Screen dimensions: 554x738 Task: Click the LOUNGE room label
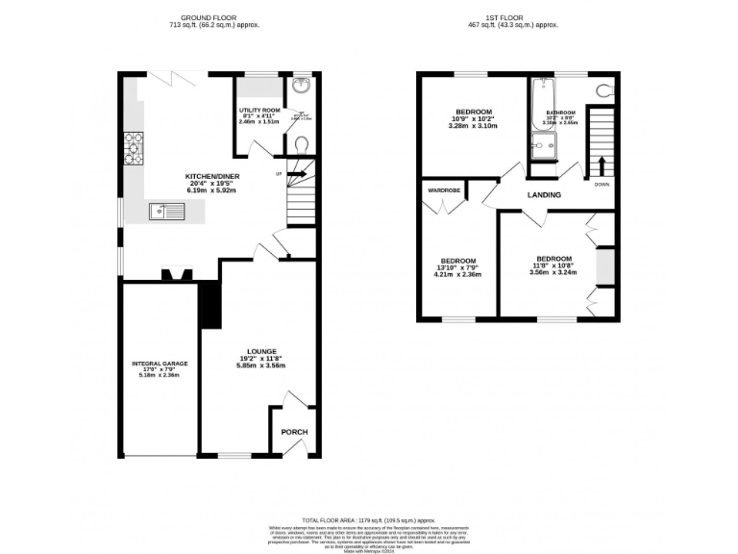click(261, 351)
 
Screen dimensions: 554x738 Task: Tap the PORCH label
click(294, 432)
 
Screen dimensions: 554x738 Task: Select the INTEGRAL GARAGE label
click(160, 364)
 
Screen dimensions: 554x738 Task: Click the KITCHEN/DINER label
click(212, 176)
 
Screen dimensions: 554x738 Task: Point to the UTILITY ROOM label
click(258, 111)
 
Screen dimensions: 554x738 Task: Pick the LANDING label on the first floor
click(544, 195)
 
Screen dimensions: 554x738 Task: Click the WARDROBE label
click(444, 190)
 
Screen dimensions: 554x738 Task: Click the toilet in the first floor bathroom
click(604, 91)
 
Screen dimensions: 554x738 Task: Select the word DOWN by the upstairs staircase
click(602, 184)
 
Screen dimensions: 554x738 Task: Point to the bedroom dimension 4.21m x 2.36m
click(457, 275)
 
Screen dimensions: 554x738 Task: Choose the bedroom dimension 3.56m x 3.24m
click(553, 272)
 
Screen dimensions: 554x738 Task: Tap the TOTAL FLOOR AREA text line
click(368, 518)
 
